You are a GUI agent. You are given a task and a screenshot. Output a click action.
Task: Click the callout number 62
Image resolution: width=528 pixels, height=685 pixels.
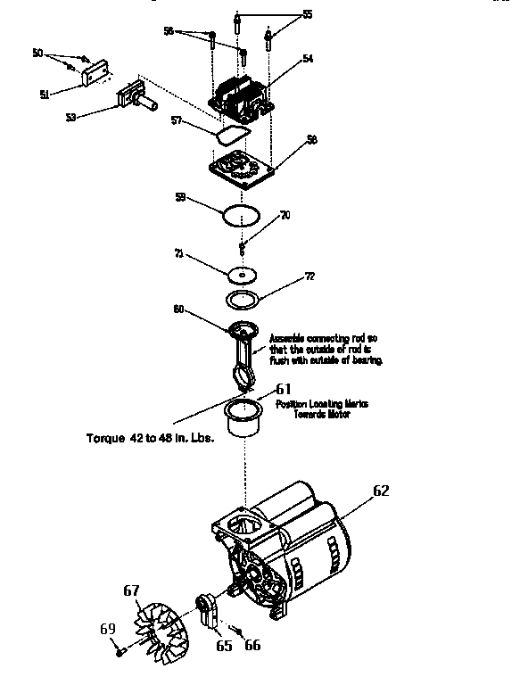pos(381,490)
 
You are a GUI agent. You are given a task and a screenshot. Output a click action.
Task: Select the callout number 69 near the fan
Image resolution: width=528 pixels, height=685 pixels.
pos(108,629)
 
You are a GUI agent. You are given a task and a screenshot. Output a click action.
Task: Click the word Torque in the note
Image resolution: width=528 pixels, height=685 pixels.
pos(105,438)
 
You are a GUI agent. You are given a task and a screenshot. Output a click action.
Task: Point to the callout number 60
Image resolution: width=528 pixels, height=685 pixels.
pos(178,309)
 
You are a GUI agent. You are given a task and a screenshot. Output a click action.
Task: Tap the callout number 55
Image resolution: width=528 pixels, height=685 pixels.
pos(307,14)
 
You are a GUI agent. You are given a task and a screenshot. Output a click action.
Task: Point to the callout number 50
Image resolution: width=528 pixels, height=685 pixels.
pos(37,54)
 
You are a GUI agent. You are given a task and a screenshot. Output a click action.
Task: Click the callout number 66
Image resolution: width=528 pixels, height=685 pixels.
pos(252,645)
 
